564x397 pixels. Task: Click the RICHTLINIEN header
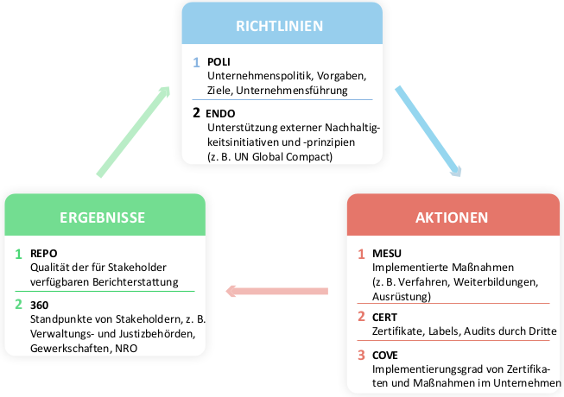[x=280, y=26]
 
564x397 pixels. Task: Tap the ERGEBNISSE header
[x=103, y=217]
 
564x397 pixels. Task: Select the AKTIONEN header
[x=452, y=217]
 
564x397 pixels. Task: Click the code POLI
[x=219, y=62]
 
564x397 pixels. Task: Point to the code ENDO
[x=220, y=114]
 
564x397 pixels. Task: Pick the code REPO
[x=43, y=253]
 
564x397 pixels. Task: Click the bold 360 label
[x=39, y=305]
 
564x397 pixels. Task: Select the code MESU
[x=387, y=253]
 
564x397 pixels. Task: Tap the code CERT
[x=384, y=318]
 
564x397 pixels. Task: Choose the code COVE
[x=385, y=356]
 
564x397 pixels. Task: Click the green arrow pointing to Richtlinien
[x=134, y=131]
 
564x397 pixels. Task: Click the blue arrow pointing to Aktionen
[x=428, y=131]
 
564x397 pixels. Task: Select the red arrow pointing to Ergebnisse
[x=276, y=291]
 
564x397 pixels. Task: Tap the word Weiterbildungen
[x=496, y=282]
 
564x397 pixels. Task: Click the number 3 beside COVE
[x=362, y=356]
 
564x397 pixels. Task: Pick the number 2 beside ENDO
[x=196, y=113]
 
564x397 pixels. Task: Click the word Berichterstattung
[x=136, y=282]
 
